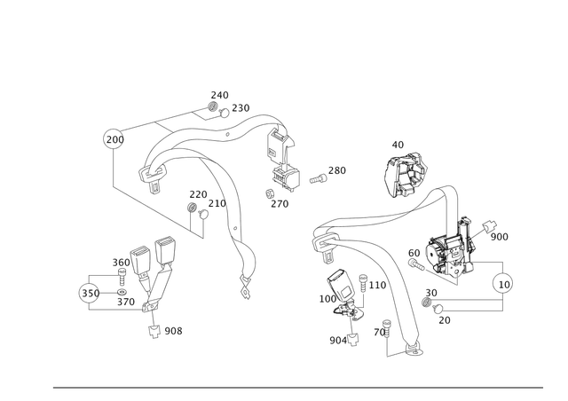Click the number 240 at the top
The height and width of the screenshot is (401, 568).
click(x=219, y=92)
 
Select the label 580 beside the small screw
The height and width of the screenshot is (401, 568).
click(x=337, y=169)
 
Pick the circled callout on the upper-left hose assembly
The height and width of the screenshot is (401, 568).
click(x=112, y=138)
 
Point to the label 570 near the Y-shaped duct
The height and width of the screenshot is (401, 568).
click(x=125, y=303)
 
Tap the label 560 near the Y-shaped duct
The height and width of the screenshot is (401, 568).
click(x=122, y=262)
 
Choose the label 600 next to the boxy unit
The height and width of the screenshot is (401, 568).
click(x=500, y=236)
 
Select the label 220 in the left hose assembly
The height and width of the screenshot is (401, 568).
click(x=197, y=193)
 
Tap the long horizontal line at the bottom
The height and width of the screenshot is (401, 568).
click(x=302, y=388)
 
